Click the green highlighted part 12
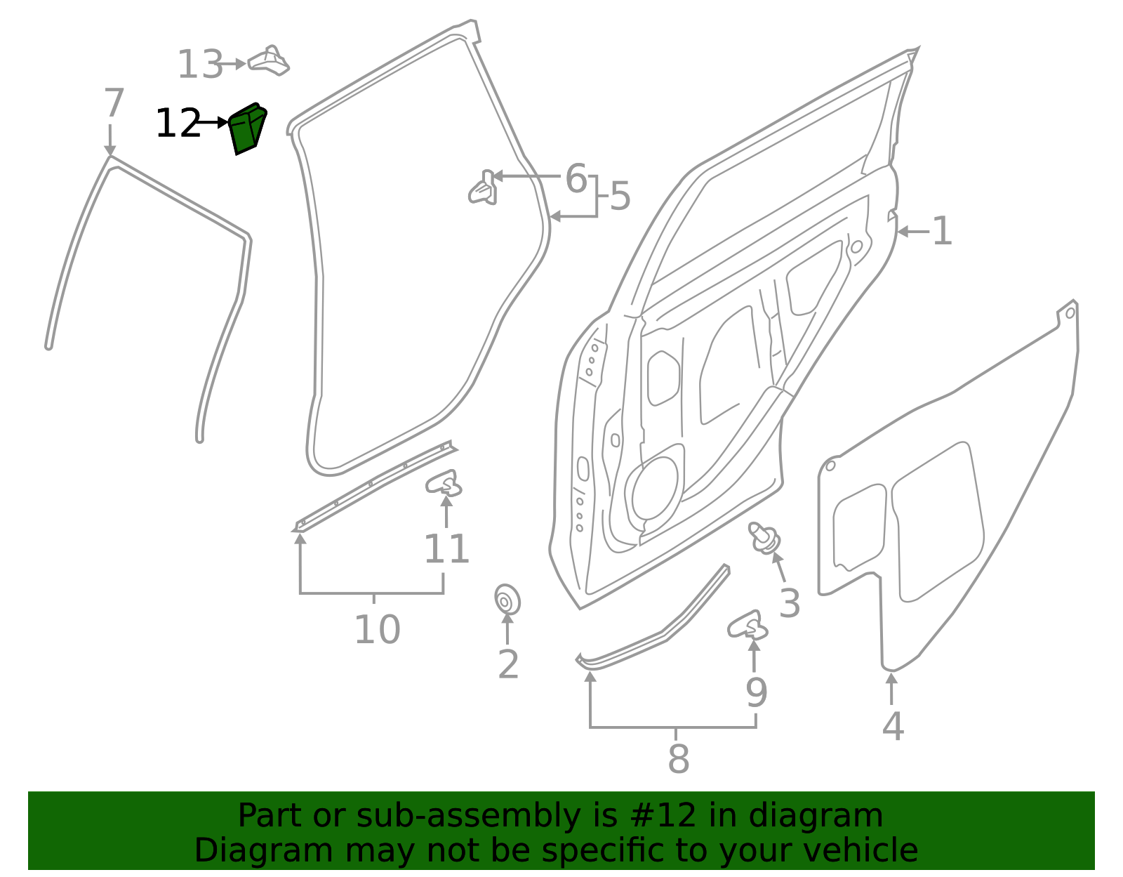pyautogui.click(x=248, y=128)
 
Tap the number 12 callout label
pyautogui.click(x=178, y=123)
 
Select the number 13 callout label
pyautogui.click(x=200, y=65)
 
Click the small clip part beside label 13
pyautogui.click(x=268, y=61)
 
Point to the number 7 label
pyautogui.click(x=114, y=103)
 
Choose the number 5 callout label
pyautogui.click(x=620, y=197)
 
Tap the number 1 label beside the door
pyautogui.click(x=942, y=231)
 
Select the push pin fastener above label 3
pyautogui.click(x=764, y=537)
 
